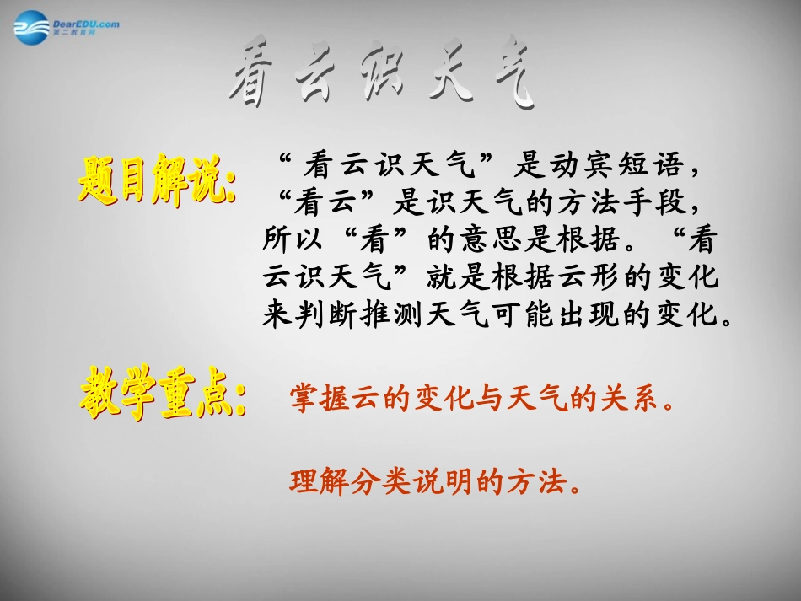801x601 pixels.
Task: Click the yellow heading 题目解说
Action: click(x=155, y=177)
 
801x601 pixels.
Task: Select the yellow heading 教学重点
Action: click(x=164, y=393)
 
